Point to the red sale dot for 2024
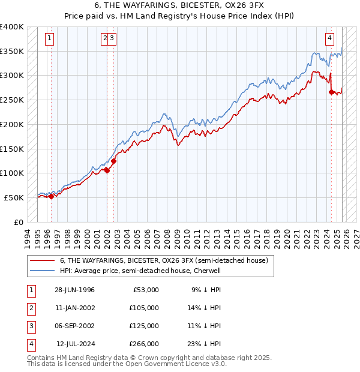[x=332, y=92]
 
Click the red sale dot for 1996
[x=51, y=196]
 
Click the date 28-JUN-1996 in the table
[x=74, y=290]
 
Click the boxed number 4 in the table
[x=31, y=344]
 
